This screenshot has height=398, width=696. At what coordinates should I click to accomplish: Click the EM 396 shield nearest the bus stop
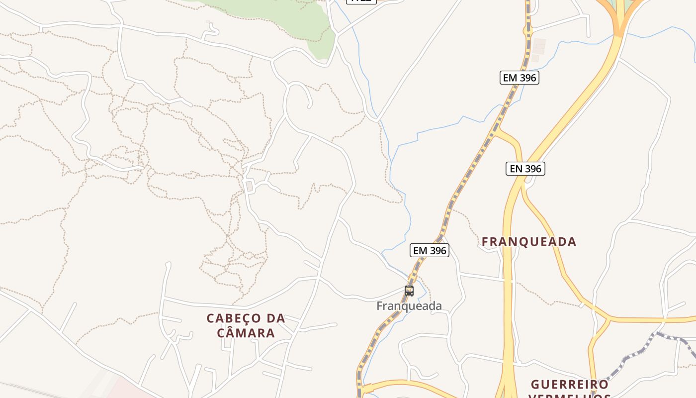(430, 250)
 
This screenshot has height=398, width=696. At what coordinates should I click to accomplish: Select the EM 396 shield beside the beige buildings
(520, 78)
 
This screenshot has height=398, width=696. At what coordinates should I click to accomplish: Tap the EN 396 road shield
(525, 169)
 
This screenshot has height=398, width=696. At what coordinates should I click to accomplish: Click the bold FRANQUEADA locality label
(529, 242)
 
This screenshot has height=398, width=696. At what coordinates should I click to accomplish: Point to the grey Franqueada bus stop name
(409, 306)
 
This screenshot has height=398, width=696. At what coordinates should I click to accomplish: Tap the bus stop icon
(409, 291)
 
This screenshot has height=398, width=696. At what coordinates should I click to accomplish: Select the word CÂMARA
(246, 333)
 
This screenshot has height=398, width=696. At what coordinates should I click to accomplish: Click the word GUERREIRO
(570, 385)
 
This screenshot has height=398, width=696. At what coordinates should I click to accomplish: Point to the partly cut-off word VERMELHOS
(570, 396)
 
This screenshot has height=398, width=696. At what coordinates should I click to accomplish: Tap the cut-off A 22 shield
(361, 1)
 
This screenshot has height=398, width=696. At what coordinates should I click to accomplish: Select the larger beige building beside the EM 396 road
(539, 46)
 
